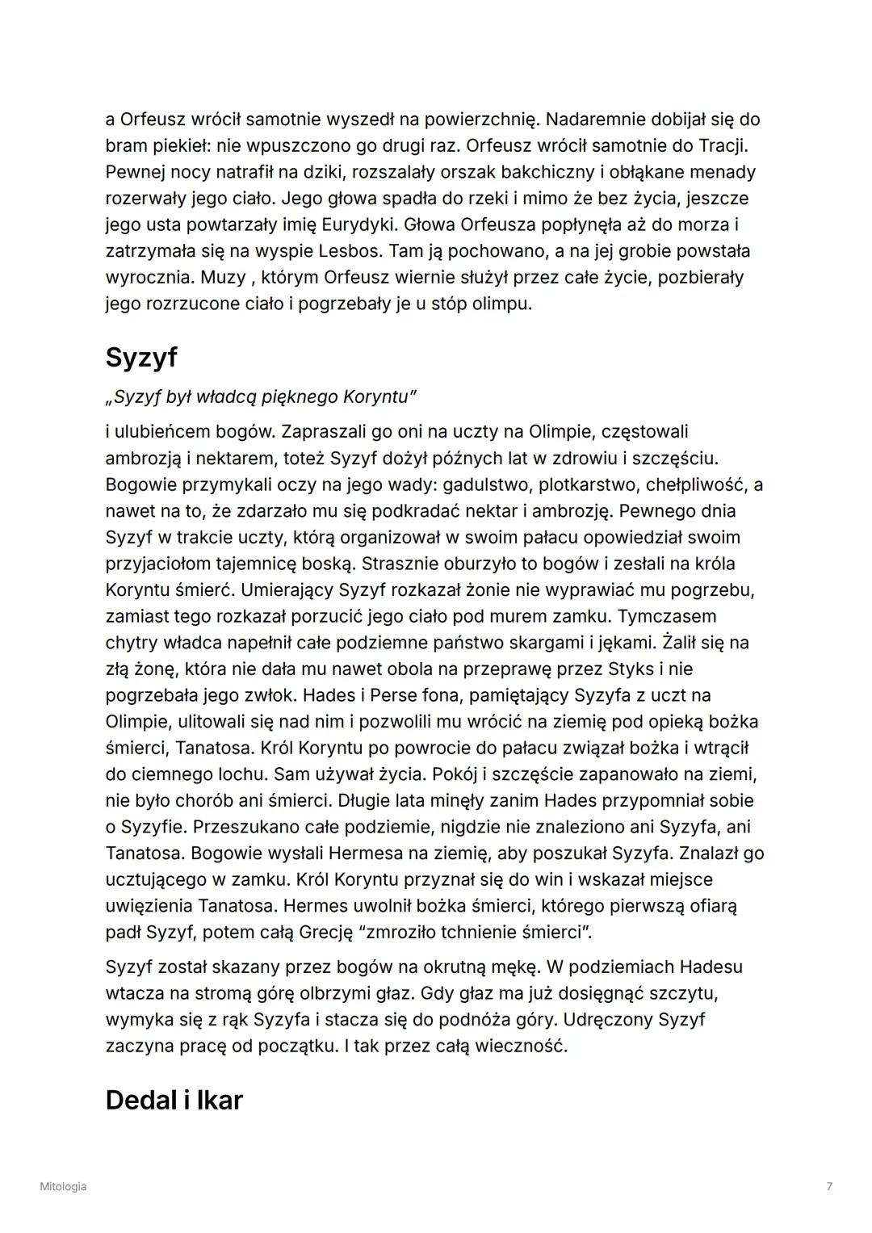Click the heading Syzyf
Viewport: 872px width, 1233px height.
(x=140, y=357)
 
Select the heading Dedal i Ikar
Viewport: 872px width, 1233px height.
(x=174, y=1100)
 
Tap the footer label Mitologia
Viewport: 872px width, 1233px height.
(x=63, y=1186)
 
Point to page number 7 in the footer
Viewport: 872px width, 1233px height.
(x=829, y=1186)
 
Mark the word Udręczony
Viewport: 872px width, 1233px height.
(x=607, y=1019)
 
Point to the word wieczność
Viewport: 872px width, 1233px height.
(x=520, y=1046)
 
